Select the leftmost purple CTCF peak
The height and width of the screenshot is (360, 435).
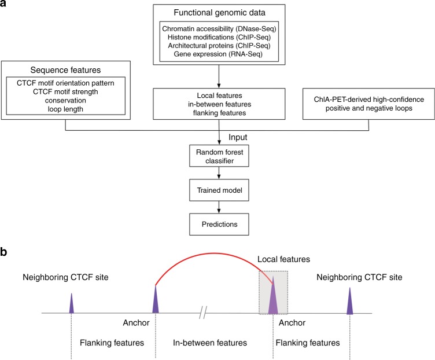click(71, 304)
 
